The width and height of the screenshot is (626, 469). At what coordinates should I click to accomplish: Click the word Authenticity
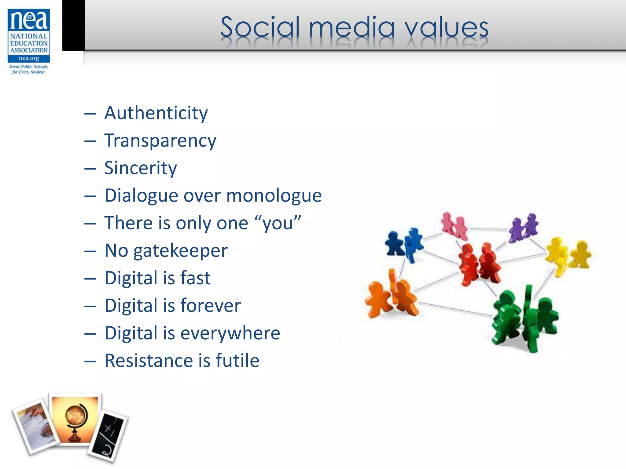pyautogui.click(x=156, y=113)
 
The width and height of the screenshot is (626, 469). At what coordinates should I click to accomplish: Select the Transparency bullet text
pyautogui.click(x=160, y=141)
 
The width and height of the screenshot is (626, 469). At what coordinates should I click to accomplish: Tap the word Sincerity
pyautogui.click(x=141, y=168)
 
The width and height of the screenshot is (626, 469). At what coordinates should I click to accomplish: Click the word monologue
pyautogui.click(x=274, y=196)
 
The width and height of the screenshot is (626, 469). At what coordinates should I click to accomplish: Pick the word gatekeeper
pyautogui.click(x=180, y=251)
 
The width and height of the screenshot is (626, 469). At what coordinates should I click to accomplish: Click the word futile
pyautogui.click(x=238, y=361)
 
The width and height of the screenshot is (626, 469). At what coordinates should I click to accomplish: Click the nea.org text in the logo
pyautogui.click(x=29, y=58)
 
